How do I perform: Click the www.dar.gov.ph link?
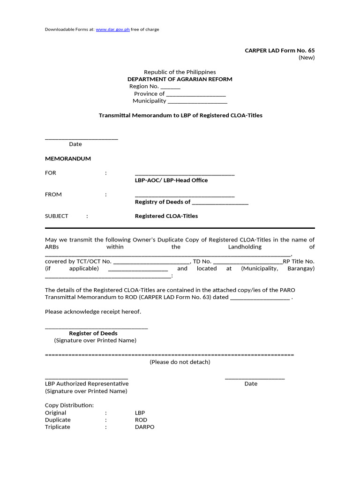click(x=112, y=30)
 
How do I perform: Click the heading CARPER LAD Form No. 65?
click(x=280, y=50)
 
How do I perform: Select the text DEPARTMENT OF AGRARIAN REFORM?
click(x=180, y=79)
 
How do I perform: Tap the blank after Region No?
click(x=170, y=87)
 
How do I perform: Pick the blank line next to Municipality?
click(x=197, y=101)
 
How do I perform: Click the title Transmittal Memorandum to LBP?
click(x=180, y=115)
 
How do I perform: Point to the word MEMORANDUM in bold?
click(x=67, y=159)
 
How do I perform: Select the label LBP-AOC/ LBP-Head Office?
click(x=171, y=180)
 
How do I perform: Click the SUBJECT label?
click(x=56, y=216)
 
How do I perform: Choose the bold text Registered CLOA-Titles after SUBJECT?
click(x=166, y=216)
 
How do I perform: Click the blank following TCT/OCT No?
click(x=151, y=262)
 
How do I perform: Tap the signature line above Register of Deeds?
click(x=96, y=327)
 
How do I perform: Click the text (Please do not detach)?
click(x=180, y=362)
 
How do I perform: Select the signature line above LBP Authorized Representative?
click(x=86, y=377)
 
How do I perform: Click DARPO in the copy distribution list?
click(x=144, y=427)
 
